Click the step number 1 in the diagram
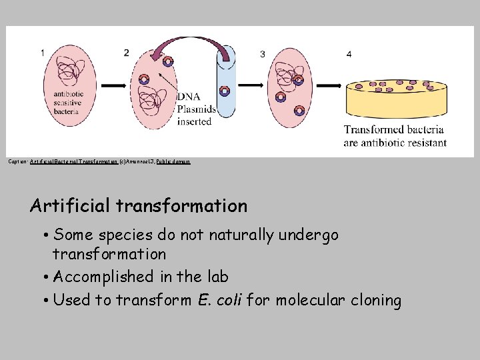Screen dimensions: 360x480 (43, 53)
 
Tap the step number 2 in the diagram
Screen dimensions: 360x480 (127, 53)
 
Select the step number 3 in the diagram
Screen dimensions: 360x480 (263, 54)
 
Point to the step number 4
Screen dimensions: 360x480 (349, 54)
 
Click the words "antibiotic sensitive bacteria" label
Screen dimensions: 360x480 (66, 103)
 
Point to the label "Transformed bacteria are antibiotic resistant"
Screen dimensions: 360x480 (395, 136)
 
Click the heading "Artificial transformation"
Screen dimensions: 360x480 (139, 206)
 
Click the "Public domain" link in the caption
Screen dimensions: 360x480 (173, 161)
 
